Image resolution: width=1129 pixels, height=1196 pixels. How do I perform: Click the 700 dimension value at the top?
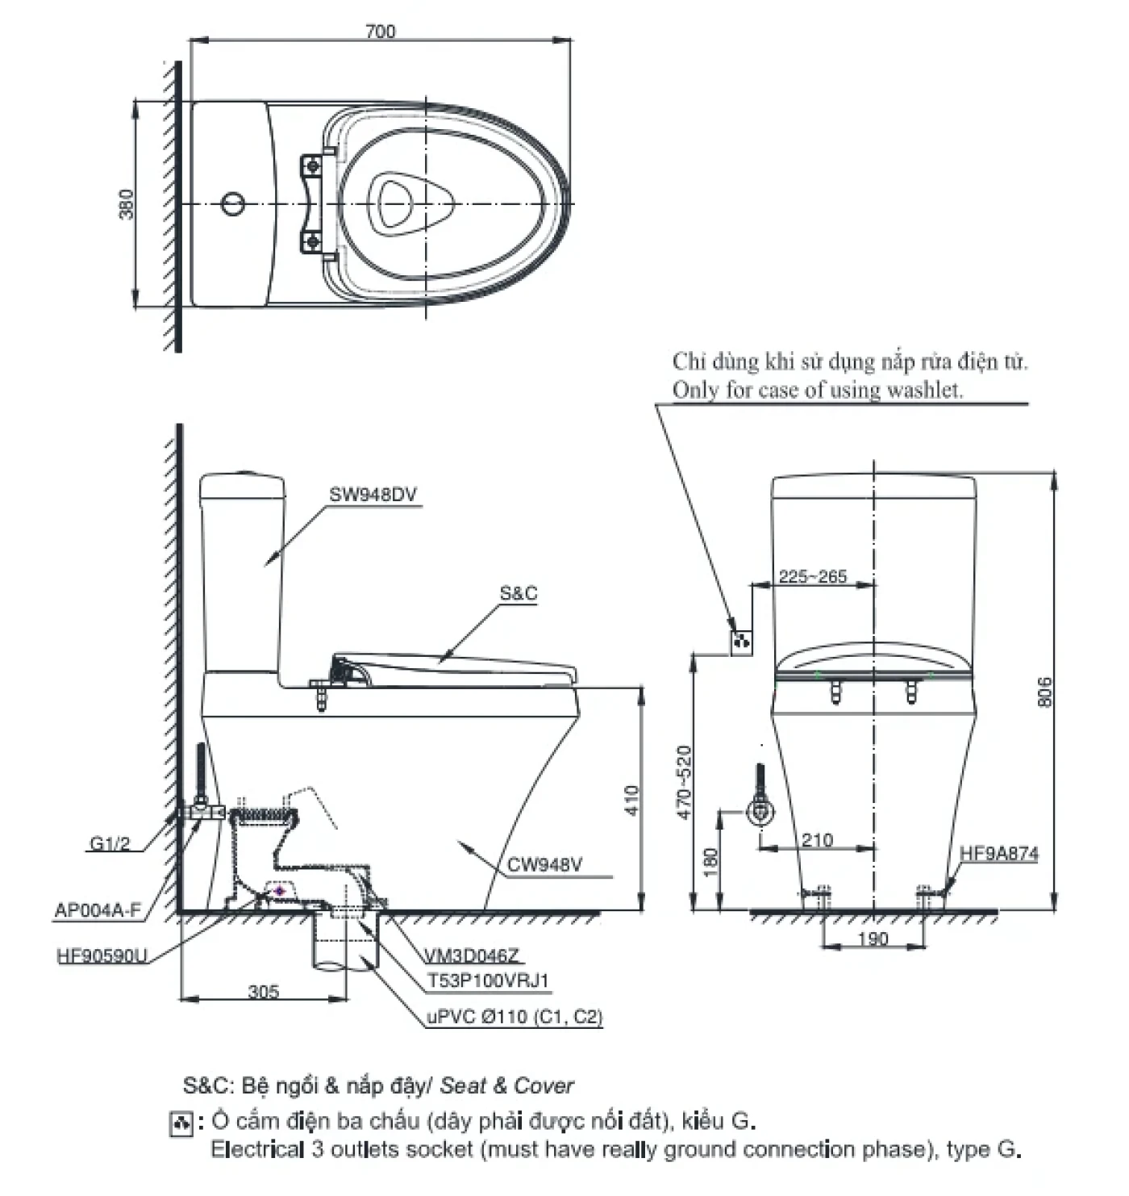(x=381, y=31)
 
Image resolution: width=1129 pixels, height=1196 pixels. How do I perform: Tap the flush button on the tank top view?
(x=232, y=203)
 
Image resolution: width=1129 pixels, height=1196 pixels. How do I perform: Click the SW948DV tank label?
(x=373, y=495)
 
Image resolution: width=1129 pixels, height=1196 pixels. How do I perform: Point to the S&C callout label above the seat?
(x=518, y=594)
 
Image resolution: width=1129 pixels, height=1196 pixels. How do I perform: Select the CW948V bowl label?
(x=544, y=865)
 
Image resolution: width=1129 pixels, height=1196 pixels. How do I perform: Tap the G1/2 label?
(x=110, y=844)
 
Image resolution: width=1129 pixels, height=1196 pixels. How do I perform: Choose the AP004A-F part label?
(x=97, y=910)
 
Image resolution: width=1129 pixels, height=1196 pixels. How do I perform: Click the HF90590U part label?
(x=102, y=956)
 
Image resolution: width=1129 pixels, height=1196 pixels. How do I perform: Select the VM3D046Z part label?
(x=473, y=956)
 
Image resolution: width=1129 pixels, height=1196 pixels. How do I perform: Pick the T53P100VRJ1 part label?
(x=489, y=981)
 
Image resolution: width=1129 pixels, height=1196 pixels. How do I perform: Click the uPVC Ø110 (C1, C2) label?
(x=515, y=1017)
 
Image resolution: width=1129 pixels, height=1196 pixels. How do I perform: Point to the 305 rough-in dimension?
(x=264, y=991)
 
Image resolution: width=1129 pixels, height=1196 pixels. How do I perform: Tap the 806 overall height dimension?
(x=1044, y=692)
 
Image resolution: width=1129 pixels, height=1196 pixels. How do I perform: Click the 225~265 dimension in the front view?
(x=813, y=576)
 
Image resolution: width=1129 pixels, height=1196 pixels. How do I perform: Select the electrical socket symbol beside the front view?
(x=741, y=642)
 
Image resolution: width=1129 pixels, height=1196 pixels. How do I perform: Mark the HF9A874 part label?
(x=999, y=853)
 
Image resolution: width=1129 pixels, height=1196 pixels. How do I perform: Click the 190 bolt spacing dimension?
(x=873, y=939)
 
